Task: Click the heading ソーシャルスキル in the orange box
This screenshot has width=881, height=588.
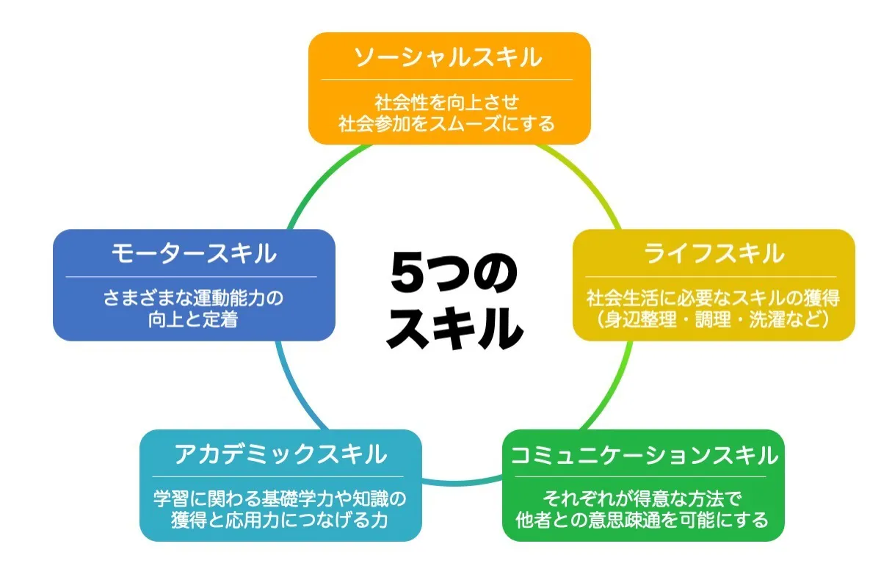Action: point(449,57)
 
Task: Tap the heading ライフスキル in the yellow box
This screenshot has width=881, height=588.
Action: point(714,253)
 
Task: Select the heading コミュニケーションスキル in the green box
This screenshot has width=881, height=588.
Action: point(643,455)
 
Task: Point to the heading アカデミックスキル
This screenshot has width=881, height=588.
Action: point(280,454)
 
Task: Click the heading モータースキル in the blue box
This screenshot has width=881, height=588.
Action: point(194,253)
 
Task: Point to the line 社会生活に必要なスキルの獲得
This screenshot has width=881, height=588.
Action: point(713,298)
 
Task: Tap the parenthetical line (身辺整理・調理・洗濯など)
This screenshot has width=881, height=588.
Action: point(713,319)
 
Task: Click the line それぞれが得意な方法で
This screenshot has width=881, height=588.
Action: point(642,499)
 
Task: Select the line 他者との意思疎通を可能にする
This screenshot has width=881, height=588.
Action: point(642,520)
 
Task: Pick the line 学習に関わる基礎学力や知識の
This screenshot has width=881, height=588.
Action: point(280,499)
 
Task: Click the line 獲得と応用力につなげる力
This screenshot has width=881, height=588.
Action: point(280,520)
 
